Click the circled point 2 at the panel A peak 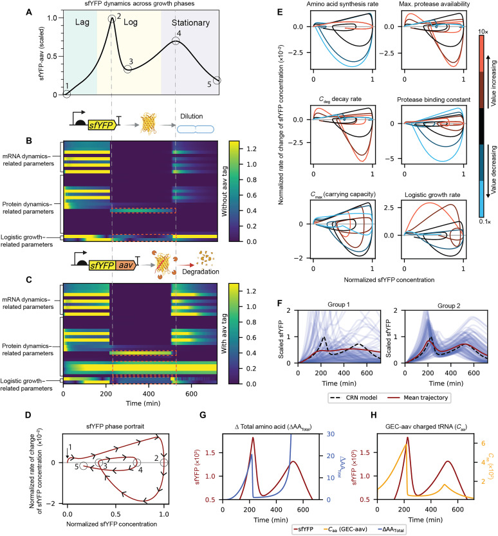click(112, 19)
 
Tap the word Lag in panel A click(82, 23)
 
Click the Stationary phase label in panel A click(190, 23)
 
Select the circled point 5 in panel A click(217, 80)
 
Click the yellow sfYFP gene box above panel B click(102, 125)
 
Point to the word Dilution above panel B click(191, 116)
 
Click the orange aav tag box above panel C click(125, 265)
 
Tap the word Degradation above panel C click(200, 272)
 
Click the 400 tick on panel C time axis click(149, 394)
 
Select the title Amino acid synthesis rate click(342, 4)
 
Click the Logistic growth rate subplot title click(432, 195)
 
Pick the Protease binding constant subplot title click(434, 100)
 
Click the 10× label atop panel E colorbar click(483, 32)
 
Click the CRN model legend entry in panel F click(354, 398)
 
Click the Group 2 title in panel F click(449, 306)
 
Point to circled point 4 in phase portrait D click(136, 463)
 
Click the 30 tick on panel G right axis click(331, 434)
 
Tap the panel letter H click(374, 415)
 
